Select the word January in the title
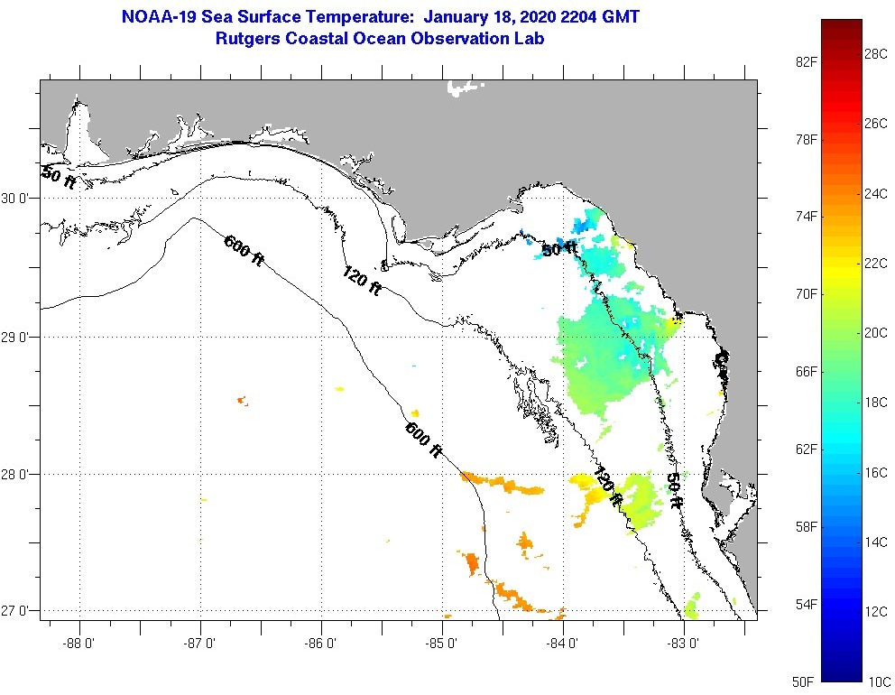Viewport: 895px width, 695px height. [x=456, y=16]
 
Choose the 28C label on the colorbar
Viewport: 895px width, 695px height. [x=876, y=53]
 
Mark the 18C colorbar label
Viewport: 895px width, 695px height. [x=876, y=402]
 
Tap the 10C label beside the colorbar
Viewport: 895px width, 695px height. [x=876, y=681]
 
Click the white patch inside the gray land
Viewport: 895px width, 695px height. [x=464, y=88]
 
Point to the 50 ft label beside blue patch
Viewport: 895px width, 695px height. [x=558, y=249]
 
